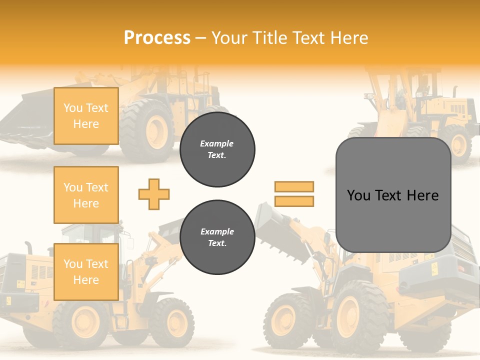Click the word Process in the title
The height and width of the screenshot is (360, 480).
157,37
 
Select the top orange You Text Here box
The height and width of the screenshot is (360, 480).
86,116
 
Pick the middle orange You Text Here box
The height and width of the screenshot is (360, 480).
86,195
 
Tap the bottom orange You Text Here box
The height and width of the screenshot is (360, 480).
86,271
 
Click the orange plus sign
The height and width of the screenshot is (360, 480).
154,194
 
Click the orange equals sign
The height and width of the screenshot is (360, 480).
294,194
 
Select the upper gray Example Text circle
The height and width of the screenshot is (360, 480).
217,149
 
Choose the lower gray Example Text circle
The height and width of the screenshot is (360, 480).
217,237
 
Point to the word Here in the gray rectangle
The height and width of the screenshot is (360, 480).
422,195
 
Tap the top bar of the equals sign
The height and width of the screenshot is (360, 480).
294,186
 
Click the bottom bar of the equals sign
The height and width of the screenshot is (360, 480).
294,201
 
